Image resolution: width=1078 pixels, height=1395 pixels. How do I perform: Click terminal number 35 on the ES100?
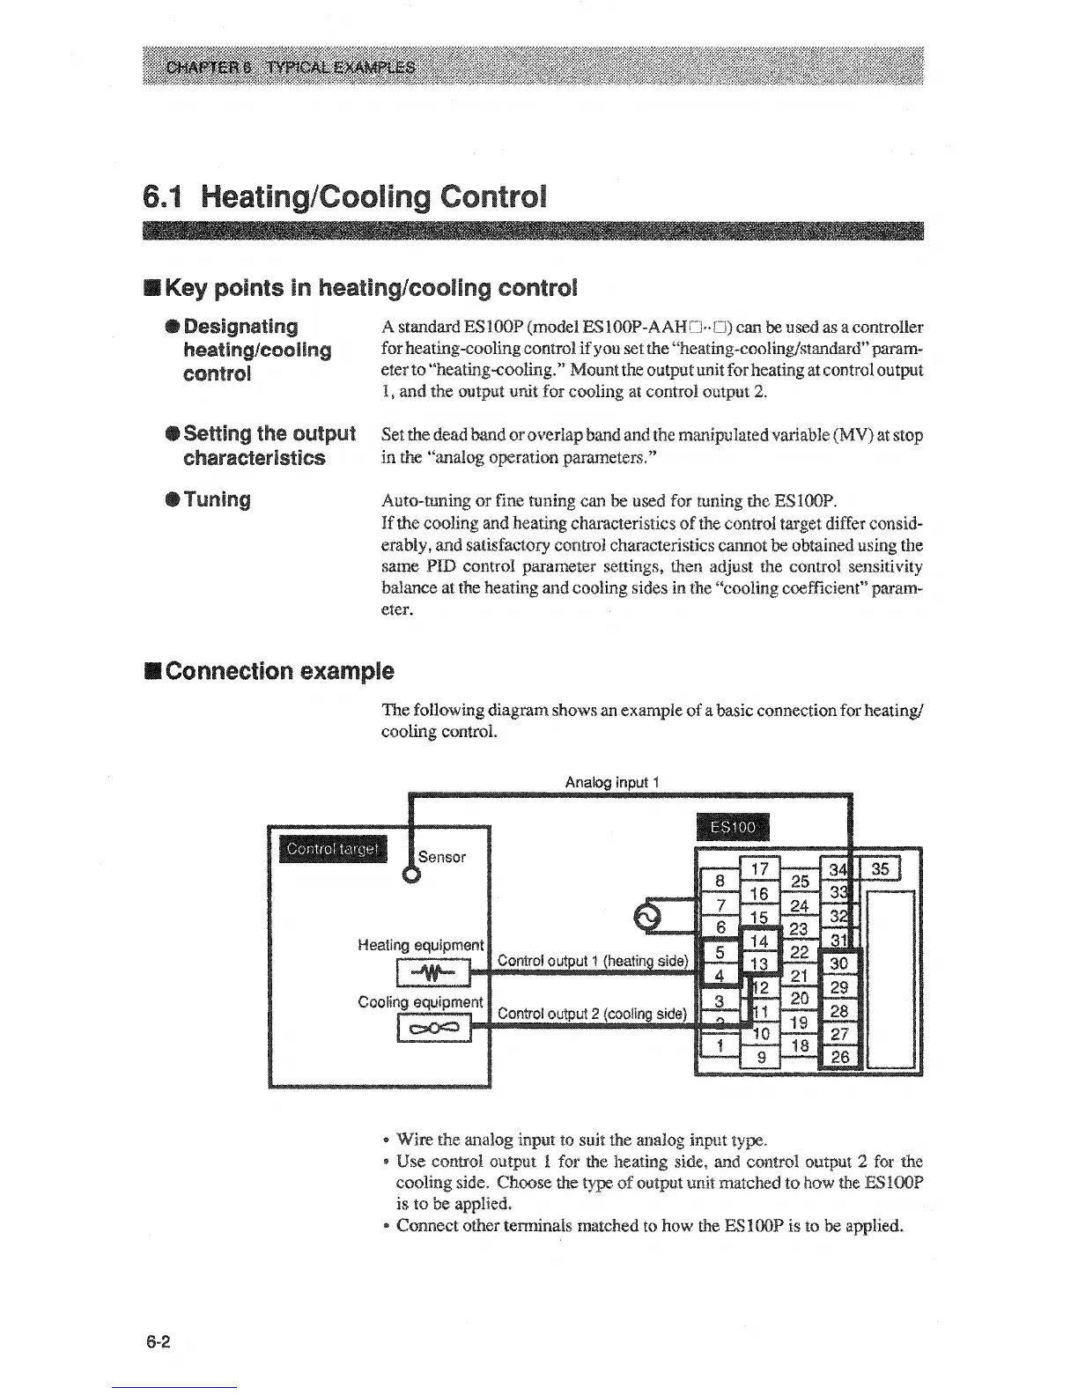click(x=882, y=870)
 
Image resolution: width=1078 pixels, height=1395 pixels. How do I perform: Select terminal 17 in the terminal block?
click(x=759, y=868)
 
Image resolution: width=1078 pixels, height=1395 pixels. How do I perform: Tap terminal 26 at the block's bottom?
click(x=840, y=1057)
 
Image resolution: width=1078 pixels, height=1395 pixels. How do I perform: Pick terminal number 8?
click(x=720, y=881)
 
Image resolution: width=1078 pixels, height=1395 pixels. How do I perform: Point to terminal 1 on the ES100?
click(x=720, y=1045)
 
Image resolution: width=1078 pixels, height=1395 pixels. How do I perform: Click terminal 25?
click(x=800, y=881)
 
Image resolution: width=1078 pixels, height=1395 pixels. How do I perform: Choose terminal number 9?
click(x=761, y=1057)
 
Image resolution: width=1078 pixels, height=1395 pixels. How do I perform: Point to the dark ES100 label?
click(x=732, y=827)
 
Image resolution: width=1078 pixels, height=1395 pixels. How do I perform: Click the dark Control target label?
click(x=332, y=849)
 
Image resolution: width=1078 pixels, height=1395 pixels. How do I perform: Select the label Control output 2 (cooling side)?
click(x=592, y=1013)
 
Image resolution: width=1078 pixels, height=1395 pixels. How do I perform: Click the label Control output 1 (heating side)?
click(x=592, y=960)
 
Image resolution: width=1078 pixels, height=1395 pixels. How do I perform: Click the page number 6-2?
click(x=159, y=1342)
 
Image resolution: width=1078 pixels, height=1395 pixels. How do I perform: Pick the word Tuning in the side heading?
click(x=218, y=500)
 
